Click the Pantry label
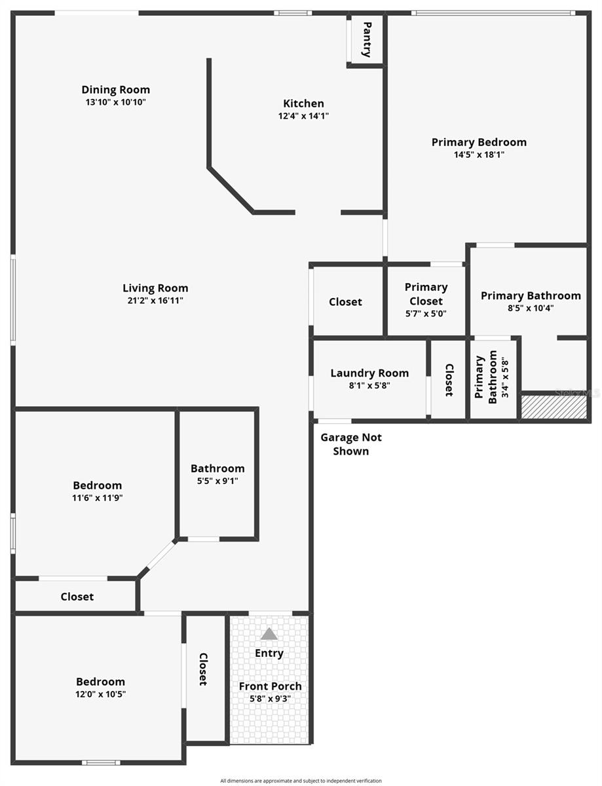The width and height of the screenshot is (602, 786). point(367,39)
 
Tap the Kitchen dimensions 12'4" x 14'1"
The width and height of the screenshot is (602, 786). point(303,116)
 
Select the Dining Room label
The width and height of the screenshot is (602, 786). point(115,90)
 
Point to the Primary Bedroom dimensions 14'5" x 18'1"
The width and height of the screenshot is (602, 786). point(479,155)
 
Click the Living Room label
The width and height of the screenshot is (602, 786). point(155,288)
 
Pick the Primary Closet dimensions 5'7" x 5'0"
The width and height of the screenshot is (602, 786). point(426,314)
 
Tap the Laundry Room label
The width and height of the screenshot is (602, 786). point(369,373)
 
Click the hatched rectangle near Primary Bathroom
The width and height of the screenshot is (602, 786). point(554,407)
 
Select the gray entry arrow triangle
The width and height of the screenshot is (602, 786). point(269,634)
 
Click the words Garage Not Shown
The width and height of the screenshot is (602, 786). point(351,444)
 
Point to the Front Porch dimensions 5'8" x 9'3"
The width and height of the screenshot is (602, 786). point(270,698)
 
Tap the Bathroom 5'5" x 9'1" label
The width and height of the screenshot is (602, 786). point(217,469)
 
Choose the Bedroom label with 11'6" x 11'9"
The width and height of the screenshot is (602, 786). point(97,485)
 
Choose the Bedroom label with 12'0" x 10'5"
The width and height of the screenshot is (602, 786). point(100,682)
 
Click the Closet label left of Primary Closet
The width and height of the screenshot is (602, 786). point(345,302)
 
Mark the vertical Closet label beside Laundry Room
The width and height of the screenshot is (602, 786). point(449,380)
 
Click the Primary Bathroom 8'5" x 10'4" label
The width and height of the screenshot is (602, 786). point(531,296)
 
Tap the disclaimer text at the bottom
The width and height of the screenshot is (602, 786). point(301,780)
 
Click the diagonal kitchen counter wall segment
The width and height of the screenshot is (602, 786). point(231,190)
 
